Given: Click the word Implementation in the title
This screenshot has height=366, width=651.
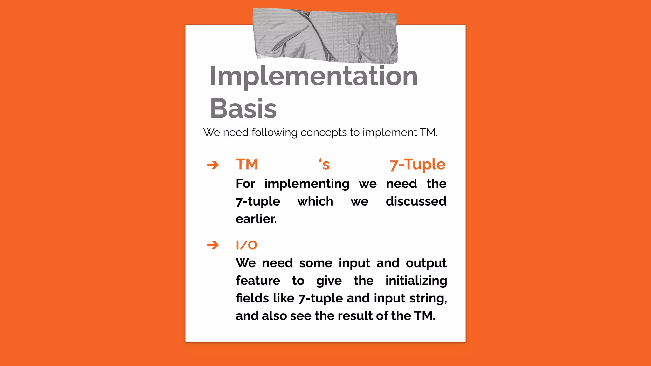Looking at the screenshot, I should coord(313,76).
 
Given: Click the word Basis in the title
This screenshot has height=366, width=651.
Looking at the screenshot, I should coord(243,109).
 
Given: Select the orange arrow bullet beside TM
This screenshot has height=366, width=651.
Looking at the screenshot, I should coord(213,165).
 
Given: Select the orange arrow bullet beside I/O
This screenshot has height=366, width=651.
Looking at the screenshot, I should coord(213,245).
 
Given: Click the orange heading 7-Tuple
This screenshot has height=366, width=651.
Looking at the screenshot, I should coord(417,165).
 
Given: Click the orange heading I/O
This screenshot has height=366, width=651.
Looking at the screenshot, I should coord(246,245).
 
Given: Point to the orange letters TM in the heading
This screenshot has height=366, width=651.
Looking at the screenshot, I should coord(247,165).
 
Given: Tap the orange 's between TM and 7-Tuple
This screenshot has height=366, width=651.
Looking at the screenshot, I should coord(325,165).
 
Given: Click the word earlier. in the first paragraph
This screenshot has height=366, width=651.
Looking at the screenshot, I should coord(256,219).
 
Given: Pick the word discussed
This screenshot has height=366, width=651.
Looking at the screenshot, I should coord(416,201).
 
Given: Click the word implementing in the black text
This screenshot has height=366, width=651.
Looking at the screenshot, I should coord(307,184).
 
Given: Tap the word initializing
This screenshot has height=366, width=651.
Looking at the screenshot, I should coord(416,281).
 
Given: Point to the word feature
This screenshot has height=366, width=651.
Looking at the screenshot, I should coord(258,281).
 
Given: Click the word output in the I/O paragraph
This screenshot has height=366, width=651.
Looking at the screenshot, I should coord(426,263).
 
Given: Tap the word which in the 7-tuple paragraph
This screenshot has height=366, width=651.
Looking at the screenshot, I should coord(315,201).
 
